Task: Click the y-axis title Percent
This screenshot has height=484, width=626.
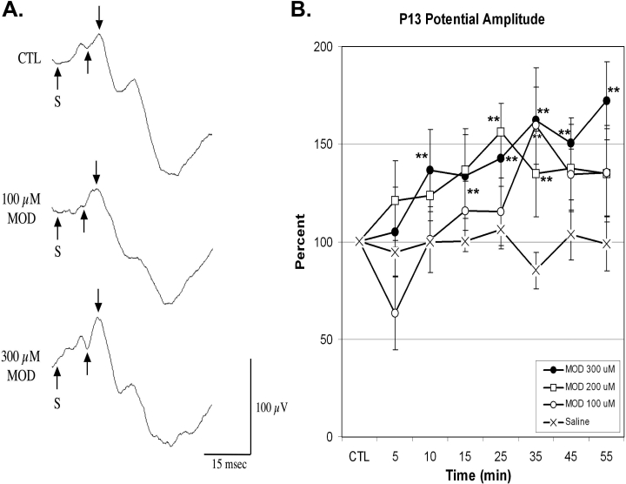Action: click(x=299, y=241)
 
